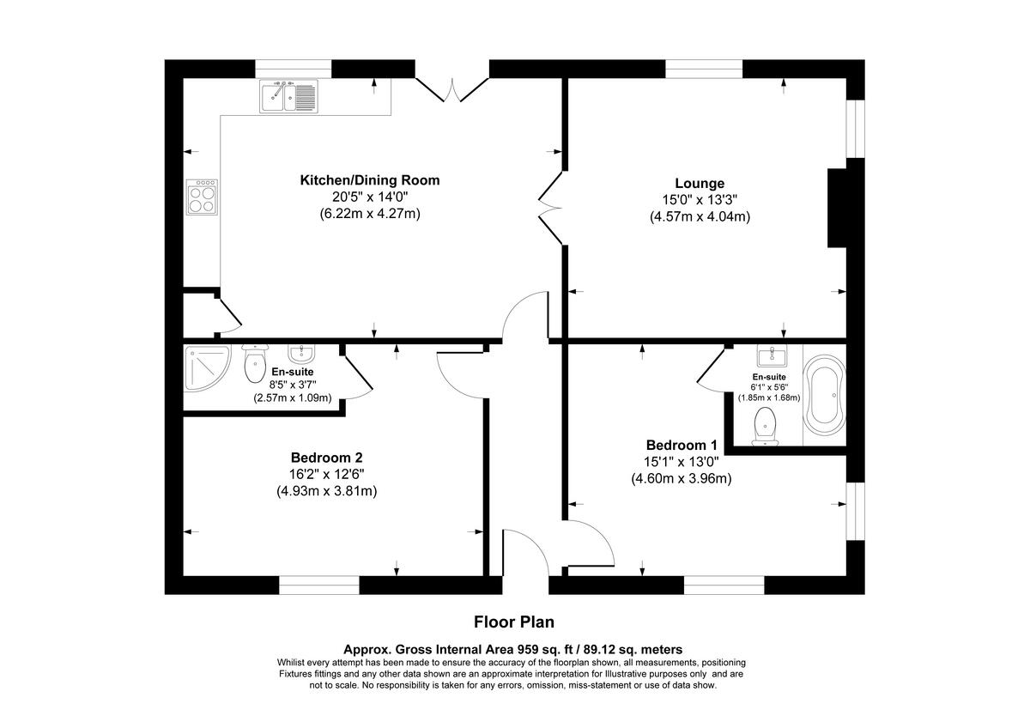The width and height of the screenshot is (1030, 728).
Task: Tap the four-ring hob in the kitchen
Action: tap(203, 198)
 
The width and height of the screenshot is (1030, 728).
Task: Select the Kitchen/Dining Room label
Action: tap(369, 180)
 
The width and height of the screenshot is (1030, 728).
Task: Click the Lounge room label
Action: tap(700, 183)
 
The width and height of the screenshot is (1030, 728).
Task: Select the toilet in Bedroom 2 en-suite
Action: tap(256, 364)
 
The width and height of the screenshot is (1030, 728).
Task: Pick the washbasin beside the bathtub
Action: tap(775, 356)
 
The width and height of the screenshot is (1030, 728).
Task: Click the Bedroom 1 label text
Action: tap(682, 445)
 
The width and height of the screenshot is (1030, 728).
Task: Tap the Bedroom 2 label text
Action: tap(326, 458)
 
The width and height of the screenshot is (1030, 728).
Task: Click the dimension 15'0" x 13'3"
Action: tap(700, 200)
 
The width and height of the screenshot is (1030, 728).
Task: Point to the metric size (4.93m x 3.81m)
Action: tap(326, 491)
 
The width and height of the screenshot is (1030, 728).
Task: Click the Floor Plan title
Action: tap(514, 621)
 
